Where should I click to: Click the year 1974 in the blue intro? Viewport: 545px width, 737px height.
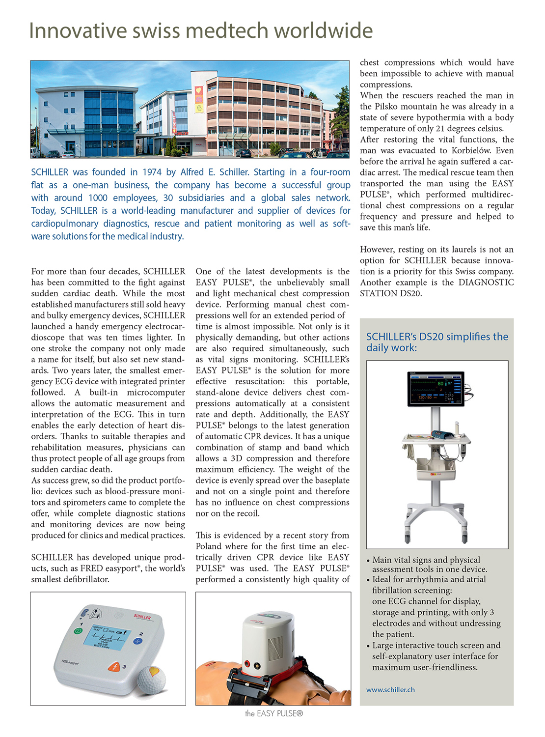point(152,172)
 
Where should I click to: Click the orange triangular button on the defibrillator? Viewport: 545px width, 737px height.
point(114,667)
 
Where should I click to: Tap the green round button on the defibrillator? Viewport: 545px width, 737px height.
point(78,630)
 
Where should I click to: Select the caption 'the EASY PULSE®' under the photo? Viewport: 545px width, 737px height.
point(273,713)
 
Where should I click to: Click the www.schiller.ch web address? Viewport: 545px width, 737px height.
point(390,689)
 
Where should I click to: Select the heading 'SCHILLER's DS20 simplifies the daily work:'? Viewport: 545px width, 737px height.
point(437,342)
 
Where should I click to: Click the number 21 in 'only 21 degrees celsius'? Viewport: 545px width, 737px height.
point(440,128)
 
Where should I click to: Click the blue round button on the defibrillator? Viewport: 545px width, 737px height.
point(137,641)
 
